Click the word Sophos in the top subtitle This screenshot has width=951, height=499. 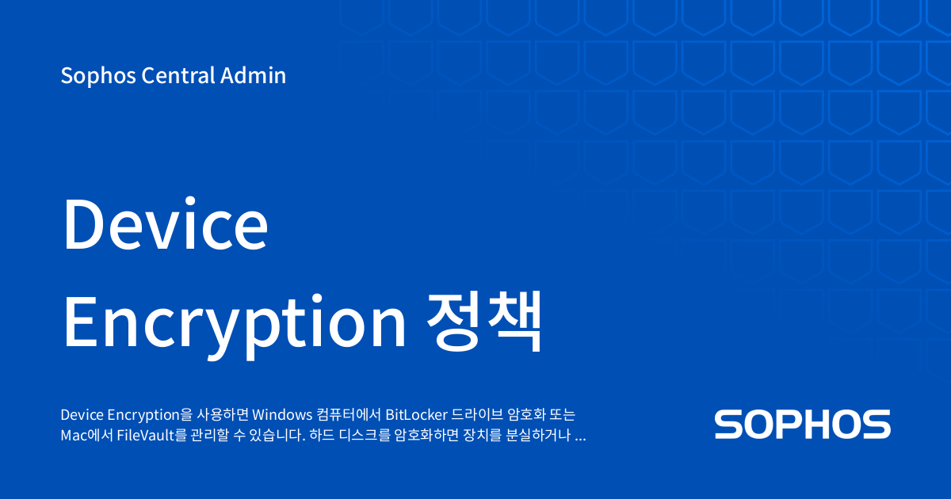98,76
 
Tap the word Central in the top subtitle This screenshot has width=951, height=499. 178,75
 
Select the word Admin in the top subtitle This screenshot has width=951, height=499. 253,75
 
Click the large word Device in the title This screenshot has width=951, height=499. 166,223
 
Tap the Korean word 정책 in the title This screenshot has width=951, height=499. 484,322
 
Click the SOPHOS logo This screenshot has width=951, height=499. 802,424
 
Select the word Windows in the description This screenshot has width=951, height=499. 282,414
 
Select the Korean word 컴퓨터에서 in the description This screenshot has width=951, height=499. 349,414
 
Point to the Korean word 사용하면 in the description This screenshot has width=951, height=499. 223,414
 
